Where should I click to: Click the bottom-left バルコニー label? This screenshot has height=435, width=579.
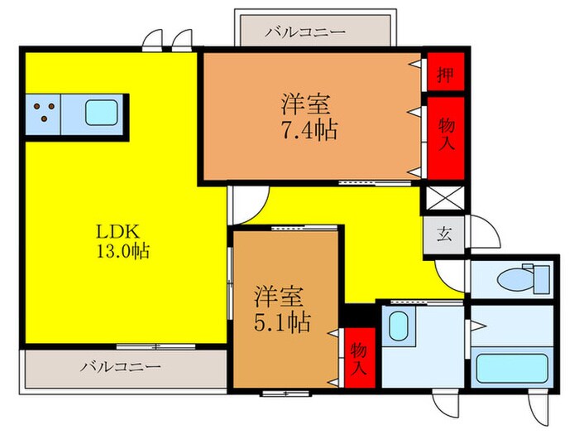pos(121,365)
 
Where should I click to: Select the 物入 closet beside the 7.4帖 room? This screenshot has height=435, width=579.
pos(445,138)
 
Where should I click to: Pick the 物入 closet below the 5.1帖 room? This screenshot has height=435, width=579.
pos(359,359)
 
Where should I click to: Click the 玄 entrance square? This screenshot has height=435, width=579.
pos(445,234)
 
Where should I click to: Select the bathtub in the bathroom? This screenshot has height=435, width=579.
pos(510,367)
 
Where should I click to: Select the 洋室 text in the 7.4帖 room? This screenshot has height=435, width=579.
pos(307,105)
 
